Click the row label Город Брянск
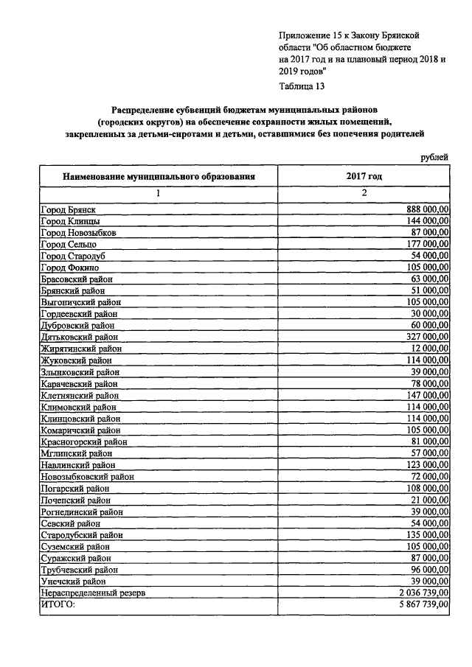68,210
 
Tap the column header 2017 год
364,177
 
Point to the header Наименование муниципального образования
159,177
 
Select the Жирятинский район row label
81,349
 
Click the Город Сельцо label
69,244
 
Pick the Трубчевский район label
80,570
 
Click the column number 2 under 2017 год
364,193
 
